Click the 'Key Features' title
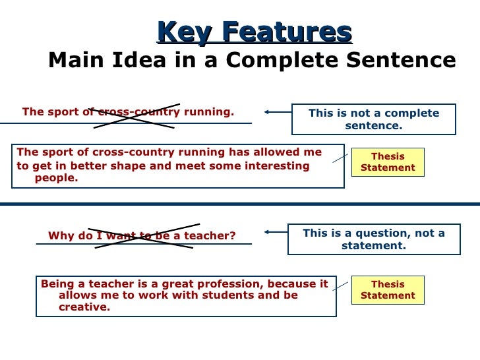coord(255,32)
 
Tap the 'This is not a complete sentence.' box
coord(373,119)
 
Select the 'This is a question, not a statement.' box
coord(373,239)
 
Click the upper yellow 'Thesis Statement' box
coord(388,162)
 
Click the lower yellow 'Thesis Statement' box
coord(388,290)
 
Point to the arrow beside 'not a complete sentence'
coord(277,112)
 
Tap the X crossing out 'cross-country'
coord(135,115)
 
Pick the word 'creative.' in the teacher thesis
coord(84,307)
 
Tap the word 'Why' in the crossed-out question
coord(59,236)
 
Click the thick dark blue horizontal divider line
coord(240,204)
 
